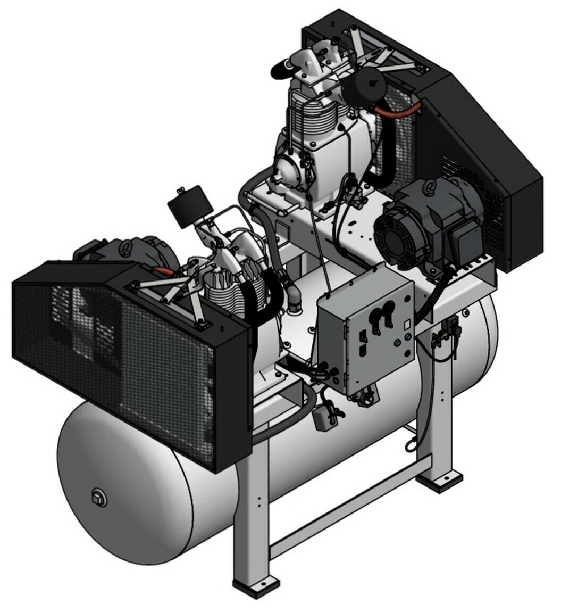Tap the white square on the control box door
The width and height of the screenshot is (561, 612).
(405, 323)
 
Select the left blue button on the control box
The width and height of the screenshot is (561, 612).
(396, 338)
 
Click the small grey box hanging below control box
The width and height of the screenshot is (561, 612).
(326, 420)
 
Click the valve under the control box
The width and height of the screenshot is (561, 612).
(364, 397)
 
